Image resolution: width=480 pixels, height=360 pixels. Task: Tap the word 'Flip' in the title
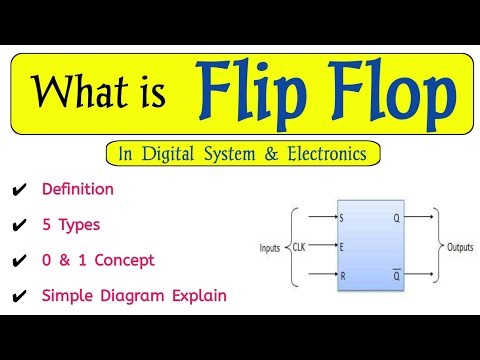coord(248,92)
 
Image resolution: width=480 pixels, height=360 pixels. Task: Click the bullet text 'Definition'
coord(78,188)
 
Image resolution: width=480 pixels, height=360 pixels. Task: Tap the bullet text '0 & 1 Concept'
coord(98,260)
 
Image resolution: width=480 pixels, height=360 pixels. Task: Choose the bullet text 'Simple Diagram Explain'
coord(134,296)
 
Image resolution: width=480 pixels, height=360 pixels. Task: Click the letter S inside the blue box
coord(342,215)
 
